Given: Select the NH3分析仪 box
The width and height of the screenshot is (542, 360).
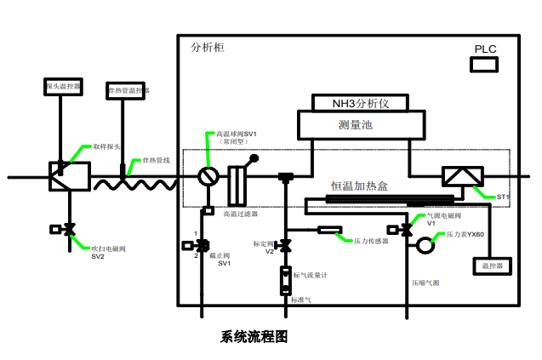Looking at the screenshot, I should [359, 103].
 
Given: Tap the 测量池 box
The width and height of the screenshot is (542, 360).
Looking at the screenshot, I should [359, 125].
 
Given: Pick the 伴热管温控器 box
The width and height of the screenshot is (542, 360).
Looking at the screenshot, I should [127, 90].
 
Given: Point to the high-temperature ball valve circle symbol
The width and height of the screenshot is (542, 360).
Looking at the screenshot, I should [208, 177].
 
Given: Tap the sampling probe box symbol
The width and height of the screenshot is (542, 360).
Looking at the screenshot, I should [62, 175].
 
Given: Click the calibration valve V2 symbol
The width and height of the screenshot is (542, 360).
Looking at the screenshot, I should [285, 247].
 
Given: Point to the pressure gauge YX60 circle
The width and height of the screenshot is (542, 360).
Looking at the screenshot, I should [422, 245].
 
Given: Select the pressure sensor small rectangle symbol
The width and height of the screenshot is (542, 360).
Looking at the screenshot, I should [330, 230].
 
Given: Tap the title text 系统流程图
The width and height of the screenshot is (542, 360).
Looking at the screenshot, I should [254, 336].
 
